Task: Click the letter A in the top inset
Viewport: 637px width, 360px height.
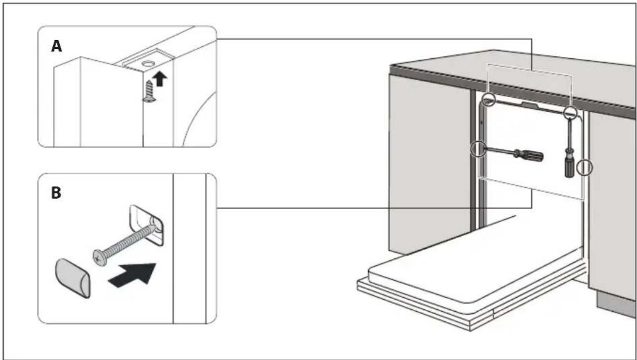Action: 56,46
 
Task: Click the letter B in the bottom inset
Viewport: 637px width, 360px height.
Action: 56,193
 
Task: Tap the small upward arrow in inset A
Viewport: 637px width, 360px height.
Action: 160,79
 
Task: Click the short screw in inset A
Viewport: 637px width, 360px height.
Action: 149,91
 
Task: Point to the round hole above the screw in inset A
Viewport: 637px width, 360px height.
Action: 148,63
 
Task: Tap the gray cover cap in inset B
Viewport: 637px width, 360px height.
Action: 73,278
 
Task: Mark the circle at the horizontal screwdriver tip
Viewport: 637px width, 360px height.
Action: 479,149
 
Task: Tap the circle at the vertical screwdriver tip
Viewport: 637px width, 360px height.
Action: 570,113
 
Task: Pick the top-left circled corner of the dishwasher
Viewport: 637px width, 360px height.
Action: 489,100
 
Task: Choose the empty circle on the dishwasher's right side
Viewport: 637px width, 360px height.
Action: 585,167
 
